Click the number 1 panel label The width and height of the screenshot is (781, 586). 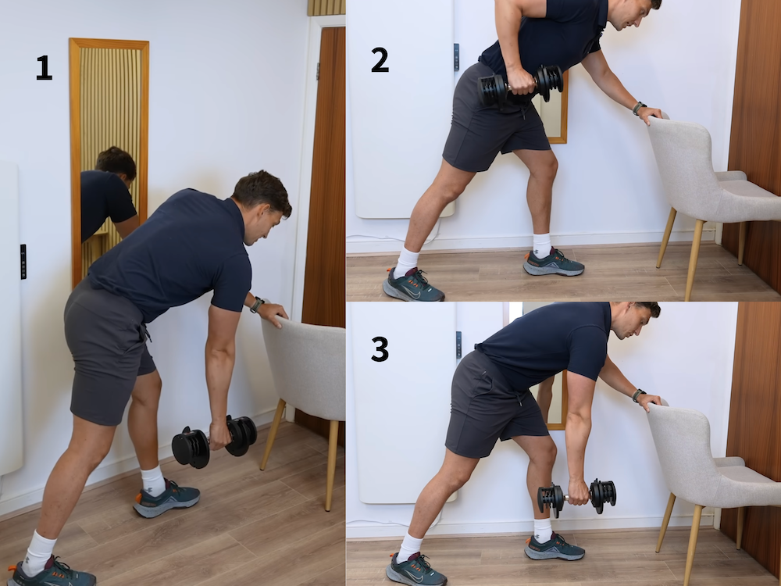pos(44,68)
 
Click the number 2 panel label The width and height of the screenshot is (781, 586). pos(380,60)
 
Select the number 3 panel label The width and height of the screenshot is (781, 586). pos(380,348)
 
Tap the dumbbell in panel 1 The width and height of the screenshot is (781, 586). pos(214,441)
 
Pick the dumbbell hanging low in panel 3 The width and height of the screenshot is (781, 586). pos(577,496)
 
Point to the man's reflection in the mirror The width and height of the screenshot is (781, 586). pos(109,195)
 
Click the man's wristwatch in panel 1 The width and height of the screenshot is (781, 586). pos(256,305)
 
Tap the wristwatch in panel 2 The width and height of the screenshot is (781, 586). pos(639,108)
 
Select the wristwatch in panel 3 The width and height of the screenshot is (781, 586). pos(639,395)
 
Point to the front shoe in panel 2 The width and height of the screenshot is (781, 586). pos(554,263)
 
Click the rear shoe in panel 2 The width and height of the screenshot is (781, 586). pos(412,285)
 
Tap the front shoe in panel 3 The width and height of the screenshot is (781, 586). pos(555,547)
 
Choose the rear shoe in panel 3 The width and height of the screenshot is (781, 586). pos(415,570)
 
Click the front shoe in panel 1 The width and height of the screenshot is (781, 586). pos(166,498)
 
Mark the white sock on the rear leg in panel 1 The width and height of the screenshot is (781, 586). pos(38,553)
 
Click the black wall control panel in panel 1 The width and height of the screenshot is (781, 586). pos(23,262)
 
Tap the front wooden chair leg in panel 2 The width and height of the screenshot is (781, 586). pos(694,259)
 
